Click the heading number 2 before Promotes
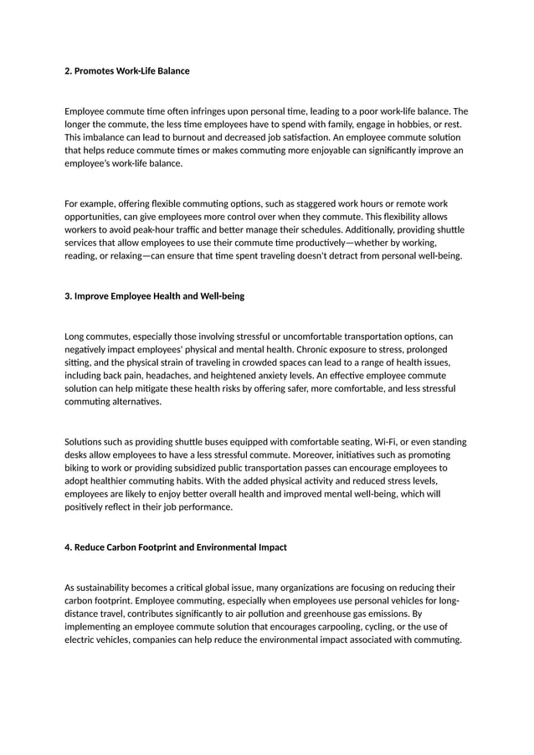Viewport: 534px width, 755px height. (x=68, y=71)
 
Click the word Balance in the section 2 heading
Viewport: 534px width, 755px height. (x=172, y=71)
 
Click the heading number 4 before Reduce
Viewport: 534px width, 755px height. (x=68, y=547)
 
